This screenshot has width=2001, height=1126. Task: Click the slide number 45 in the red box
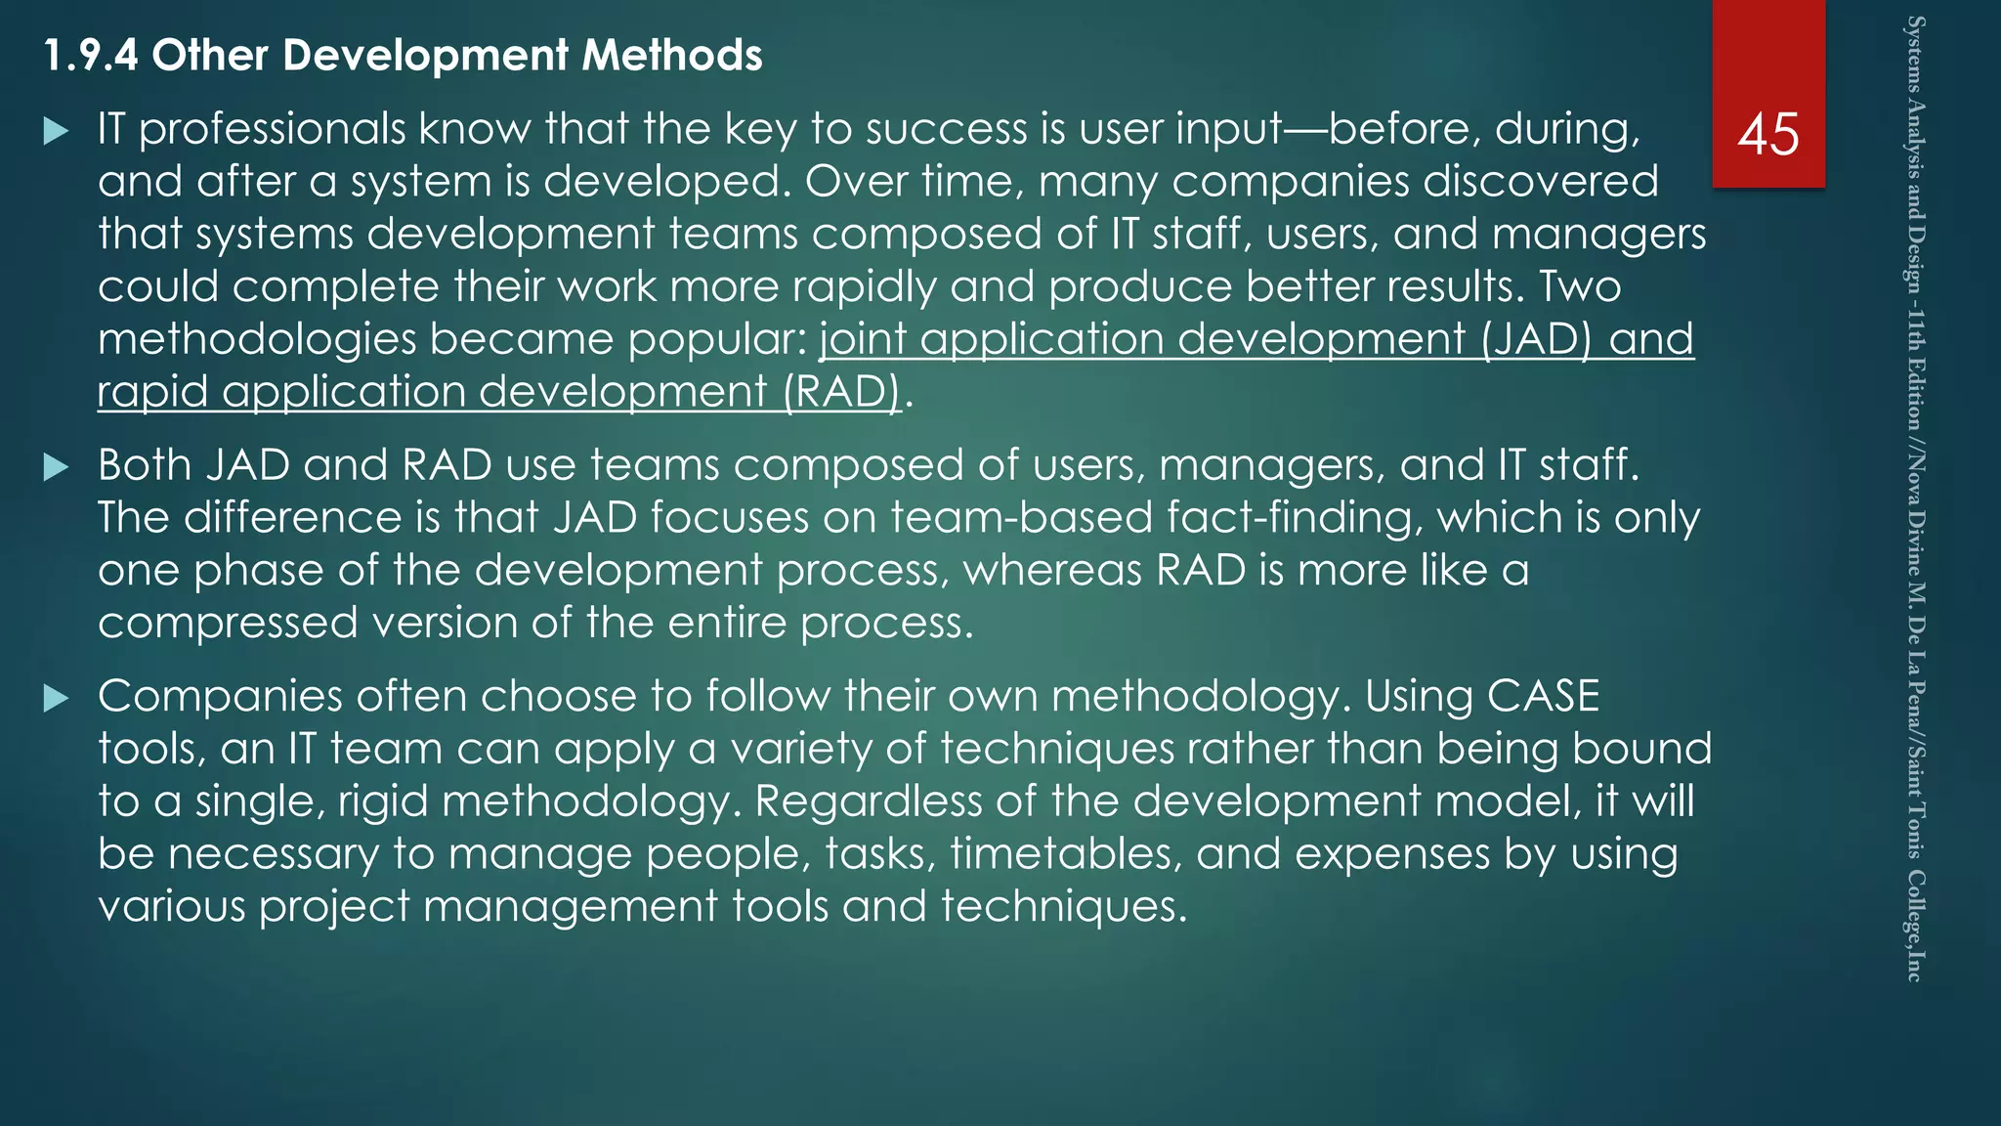[x=1767, y=134]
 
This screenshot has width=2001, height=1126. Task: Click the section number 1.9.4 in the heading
[x=91, y=56]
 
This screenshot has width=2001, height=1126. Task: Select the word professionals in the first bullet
[x=272, y=130]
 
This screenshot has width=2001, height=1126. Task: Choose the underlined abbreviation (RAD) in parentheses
[x=840, y=392]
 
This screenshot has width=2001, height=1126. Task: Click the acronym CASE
[x=1543, y=697]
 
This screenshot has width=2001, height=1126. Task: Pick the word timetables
[x=1066, y=854]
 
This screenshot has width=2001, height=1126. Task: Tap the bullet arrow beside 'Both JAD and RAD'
[x=57, y=467]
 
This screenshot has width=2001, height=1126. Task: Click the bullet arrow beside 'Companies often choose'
[x=57, y=698]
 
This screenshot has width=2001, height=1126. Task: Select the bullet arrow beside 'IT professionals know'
[x=57, y=131]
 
